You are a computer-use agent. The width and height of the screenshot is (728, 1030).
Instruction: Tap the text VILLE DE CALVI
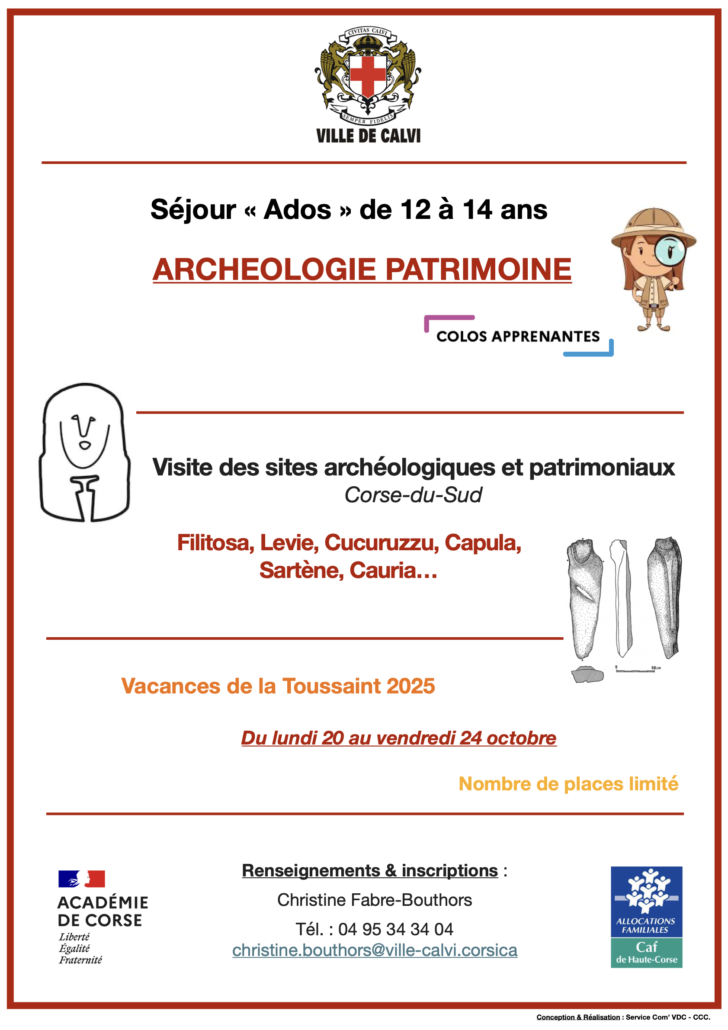368,136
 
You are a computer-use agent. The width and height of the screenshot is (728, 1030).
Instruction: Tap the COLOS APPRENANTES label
518,337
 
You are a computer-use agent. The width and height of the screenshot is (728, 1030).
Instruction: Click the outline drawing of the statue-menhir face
85,452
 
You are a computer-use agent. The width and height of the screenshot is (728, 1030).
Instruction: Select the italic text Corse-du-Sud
413,495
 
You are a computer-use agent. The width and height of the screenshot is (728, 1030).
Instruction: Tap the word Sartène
301,571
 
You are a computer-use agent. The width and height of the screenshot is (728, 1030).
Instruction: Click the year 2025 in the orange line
411,687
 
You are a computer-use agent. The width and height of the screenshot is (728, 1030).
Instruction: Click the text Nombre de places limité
568,784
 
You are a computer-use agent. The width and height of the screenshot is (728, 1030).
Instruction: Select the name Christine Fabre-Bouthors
375,900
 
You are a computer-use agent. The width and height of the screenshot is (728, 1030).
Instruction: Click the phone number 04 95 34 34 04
396,930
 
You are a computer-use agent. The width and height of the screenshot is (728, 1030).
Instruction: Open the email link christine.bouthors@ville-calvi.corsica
375,950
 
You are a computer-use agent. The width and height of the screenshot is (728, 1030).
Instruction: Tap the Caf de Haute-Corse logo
646,917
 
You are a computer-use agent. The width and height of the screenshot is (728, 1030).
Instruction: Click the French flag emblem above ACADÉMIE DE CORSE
82,879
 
